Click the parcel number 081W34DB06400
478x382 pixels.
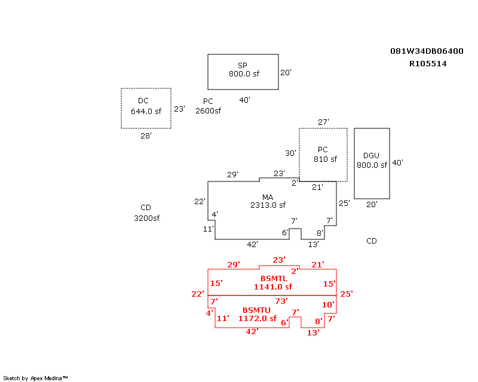pyautogui.click(x=427, y=51)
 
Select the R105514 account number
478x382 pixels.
pyautogui.click(x=428, y=63)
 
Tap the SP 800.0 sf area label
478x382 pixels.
pyautogui.click(x=243, y=70)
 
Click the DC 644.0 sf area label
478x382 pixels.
pyautogui.click(x=146, y=106)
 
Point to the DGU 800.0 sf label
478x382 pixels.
pyautogui.click(x=372, y=161)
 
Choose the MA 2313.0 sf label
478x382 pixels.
pyautogui.click(x=268, y=201)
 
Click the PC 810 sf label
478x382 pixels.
pyautogui.click(x=323, y=155)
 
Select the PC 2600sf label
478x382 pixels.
pyautogui.click(x=208, y=106)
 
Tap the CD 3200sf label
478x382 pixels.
pyautogui.click(x=146, y=213)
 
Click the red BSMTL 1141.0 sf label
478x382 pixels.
pyautogui.click(x=274, y=282)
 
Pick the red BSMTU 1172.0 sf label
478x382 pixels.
pyautogui.click(x=257, y=315)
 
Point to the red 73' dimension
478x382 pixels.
pyautogui.click(x=281, y=301)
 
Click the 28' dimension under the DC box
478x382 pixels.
pyautogui.click(x=146, y=135)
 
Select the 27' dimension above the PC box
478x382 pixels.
pyautogui.click(x=323, y=122)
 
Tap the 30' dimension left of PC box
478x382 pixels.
pyautogui.click(x=290, y=153)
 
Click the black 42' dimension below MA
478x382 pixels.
pyautogui.click(x=252, y=244)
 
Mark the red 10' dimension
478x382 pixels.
pyautogui.click(x=328, y=304)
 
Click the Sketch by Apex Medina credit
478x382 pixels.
pyautogui.click(x=35, y=378)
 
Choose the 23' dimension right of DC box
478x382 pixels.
pyautogui.click(x=179, y=109)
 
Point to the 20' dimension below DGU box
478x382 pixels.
pyautogui.click(x=372, y=204)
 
